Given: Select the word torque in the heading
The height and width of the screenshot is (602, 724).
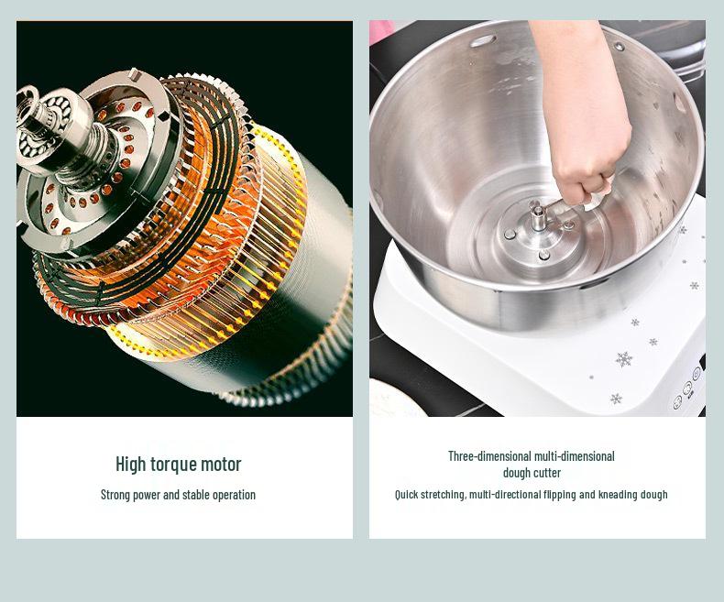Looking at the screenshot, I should [x=175, y=464].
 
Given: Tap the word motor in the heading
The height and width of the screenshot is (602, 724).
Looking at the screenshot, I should [x=223, y=464].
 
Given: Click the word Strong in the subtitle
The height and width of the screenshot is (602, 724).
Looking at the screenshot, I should [x=116, y=495].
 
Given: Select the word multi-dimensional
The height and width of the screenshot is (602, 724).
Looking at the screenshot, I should [x=576, y=456].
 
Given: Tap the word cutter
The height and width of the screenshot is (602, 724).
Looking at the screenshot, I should [x=546, y=473].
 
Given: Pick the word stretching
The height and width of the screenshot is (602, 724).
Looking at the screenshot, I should [x=444, y=495].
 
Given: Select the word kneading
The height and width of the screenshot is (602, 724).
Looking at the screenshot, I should [x=619, y=495].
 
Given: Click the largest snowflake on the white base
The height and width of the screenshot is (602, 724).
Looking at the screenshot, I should [x=624, y=358].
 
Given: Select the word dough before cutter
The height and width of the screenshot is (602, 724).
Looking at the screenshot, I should [x=517, y=473].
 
